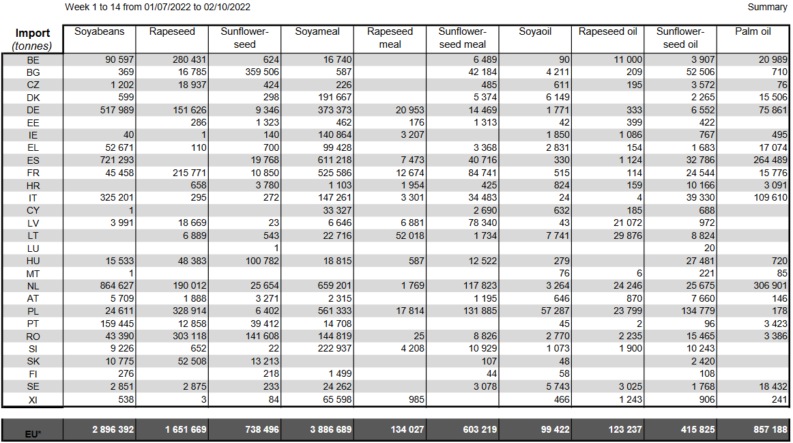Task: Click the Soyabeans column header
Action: click(99, 31)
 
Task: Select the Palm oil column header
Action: click(753, 31)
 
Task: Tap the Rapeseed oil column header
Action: click(607, 31)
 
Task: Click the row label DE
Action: click(33, 111)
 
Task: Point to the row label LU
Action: click(33, 249)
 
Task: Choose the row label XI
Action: click(33, 400)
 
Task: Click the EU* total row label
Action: click(33, 434)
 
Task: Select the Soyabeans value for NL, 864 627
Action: click(117, 286)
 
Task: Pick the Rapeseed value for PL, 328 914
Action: click(190, 311)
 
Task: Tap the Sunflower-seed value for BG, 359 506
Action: click(262, 72)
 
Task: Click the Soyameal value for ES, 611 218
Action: click(335, 160)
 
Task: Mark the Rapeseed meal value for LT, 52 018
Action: click(410, 235)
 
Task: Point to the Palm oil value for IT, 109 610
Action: click(770, 198)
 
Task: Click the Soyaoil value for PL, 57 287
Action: click(556, 311)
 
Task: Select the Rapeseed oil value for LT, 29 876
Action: click(628, 235)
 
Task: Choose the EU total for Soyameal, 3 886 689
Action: click(331, 430)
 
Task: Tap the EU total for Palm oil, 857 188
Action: click(770, 430)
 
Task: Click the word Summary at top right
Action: click(767, 7)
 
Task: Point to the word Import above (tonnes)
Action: click(32, 33)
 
